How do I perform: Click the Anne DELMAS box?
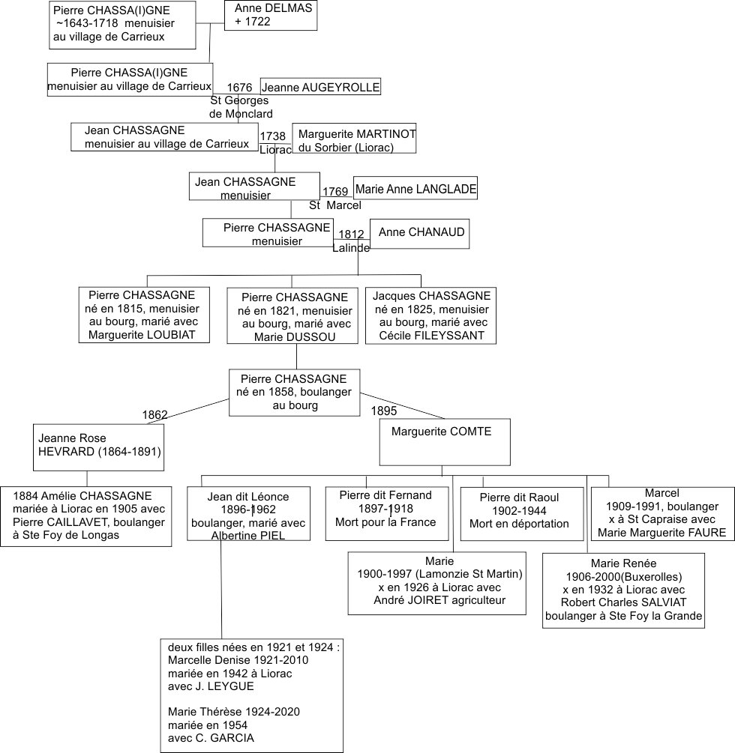pyautogui.click(x=271, y=15)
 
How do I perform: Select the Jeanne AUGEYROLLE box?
pyautogui.click(x=321, y=86)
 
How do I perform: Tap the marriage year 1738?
pyautogui.click(x=272, y=136)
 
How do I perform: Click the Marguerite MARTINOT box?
pyautogui.click(x=354, y=139)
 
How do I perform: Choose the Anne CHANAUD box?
pyautogui.click(x=420, y=234)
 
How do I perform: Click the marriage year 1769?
pyautogui.click(x=335, y=192)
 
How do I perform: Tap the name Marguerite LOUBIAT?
pyautogui.click(x=142, y=335)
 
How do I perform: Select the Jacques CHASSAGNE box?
pyautogui.click(x=430, y=315)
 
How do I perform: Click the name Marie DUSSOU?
pyautogui.click(x=295, y=337)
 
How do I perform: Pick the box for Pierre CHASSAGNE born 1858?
pyautogui.click(x=294, y=393)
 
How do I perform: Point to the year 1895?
pyautogui.click(x=384, y=411)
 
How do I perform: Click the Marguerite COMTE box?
pyautogui.click(x=445, y=442)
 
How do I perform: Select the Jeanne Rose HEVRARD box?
pyautogui.click(x=98, y=447)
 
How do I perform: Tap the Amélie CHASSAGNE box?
pyautogui.click(x=86, y=516)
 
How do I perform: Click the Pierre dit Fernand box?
pyautogui.click(x=387, y=514)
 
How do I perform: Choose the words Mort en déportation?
pyautogui.click(x=519, y=524)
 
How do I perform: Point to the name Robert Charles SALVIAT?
pyautogui.click(x=623, y=602)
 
